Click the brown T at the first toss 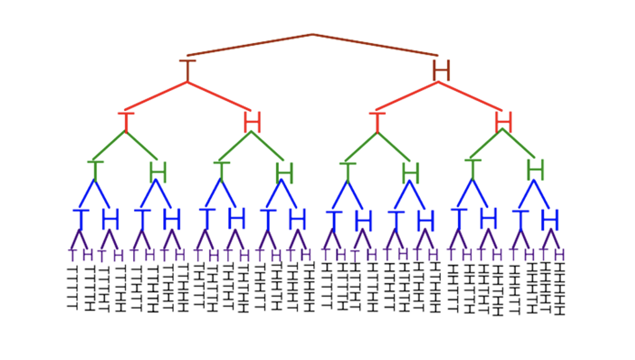coord(187,70)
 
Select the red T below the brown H coord(376,121)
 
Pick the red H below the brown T coord(252,121)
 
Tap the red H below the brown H coord(504,121)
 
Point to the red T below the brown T coord(126,121)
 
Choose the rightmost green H coord(535,170)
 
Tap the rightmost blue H coord(550,220)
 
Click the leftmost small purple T coord(72,255)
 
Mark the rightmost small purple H coord(560,255)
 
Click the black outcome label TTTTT coord(72,287)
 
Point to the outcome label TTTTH coord(88,288)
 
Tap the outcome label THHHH coord(308,288)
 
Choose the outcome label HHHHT coord(545,287)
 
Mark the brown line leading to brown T coord(249,45)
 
